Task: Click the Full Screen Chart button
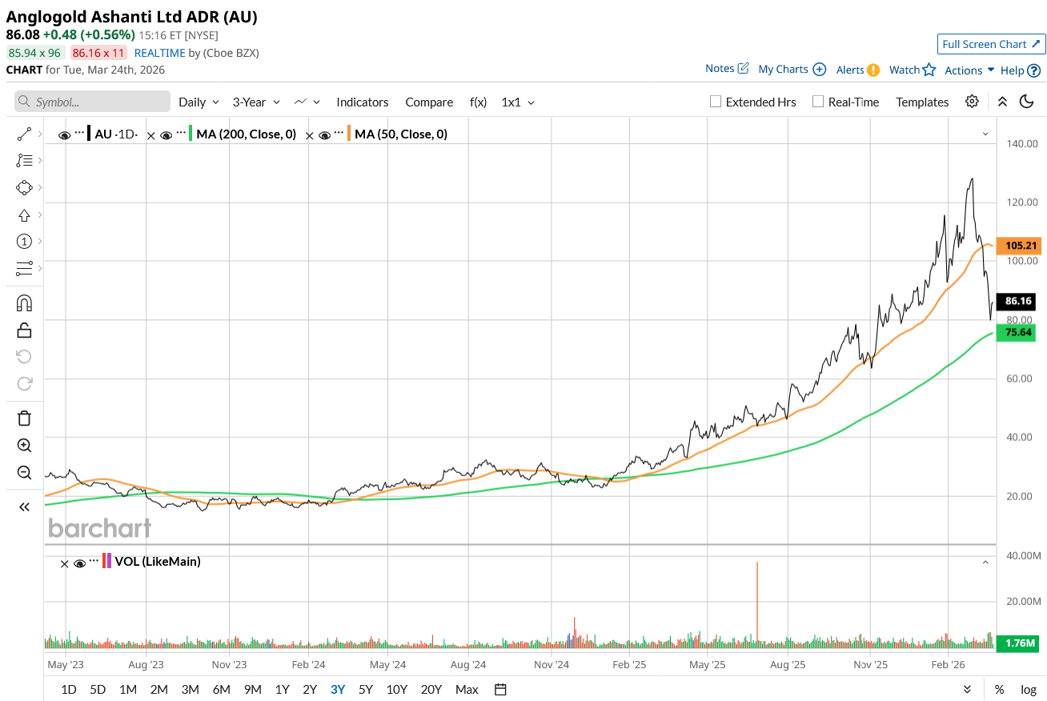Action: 991,44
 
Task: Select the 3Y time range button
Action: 338,689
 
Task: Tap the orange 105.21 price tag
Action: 1017,246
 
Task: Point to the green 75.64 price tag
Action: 1017,332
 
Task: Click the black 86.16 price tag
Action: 1017,302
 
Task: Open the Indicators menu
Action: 362,102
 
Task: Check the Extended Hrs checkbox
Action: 716,102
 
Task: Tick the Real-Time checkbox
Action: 818,102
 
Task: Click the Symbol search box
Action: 93,102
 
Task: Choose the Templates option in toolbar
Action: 922,102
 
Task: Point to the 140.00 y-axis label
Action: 1021,144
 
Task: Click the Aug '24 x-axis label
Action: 468,664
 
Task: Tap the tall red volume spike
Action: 756,600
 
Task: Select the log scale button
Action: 1029,689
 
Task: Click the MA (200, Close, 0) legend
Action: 246,134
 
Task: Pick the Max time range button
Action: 467,689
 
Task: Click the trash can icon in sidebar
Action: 24,418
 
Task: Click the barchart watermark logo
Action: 99,528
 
